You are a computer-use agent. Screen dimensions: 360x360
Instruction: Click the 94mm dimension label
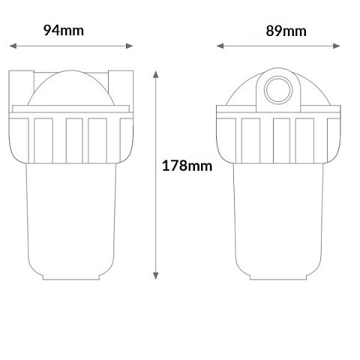pos(64,30)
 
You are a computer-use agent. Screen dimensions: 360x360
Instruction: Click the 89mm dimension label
pos(286,31)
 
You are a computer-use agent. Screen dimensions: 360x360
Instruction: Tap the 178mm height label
pos(187,166)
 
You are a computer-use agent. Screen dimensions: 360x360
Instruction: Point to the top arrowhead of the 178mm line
pos(156,74)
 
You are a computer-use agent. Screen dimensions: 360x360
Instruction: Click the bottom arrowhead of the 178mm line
pos(155,276)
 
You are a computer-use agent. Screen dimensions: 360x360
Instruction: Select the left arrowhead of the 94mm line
pos(13,46)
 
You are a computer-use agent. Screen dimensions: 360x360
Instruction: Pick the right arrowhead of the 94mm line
pos(129,46)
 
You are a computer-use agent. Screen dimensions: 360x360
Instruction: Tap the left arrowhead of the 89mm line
pos(220,46)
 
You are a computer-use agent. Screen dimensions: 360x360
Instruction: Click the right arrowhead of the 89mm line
pos(337,46)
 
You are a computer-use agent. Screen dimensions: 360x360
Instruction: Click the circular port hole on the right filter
pos(278,90)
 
